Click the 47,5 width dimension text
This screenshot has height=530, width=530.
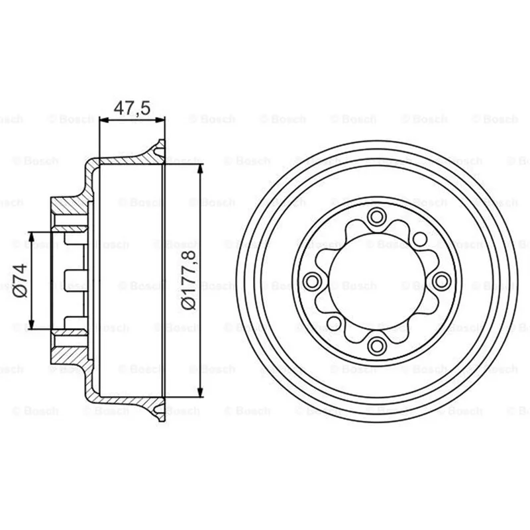pyautogui.click(x=132, y=108)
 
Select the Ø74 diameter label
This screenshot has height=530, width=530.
pyautogui.click(x=20, y=280)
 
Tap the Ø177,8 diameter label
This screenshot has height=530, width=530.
pyautogui.click(x=188, y=280)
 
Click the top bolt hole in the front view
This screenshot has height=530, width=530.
pyautogui.click(x=376, y=217)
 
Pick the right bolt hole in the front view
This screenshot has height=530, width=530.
pyautogui.click(x=441, y=281)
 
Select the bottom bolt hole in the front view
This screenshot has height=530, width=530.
pyautogui.click(x=376, y=346)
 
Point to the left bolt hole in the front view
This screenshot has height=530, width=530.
pyautogui.click(x=311, y=281)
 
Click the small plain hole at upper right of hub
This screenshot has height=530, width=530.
pyautogui.click(x=420, y=239)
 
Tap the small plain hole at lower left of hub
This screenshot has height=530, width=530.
pyautogui.click(x=334, y=323)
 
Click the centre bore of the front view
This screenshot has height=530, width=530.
pyautogui.click(x=376, y=281)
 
